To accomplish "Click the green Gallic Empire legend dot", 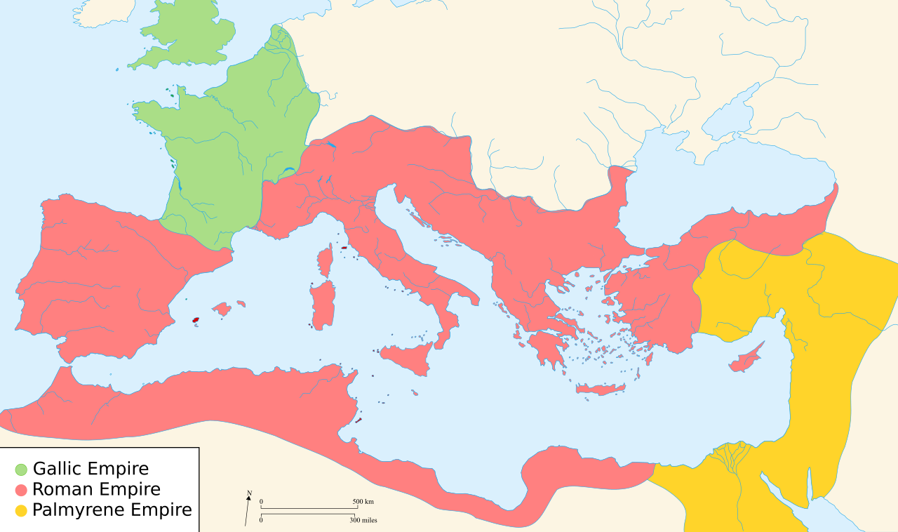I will (x=22, y=469).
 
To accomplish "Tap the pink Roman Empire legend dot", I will (x=22, y=490).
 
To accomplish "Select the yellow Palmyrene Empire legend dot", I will (x=22, y=511).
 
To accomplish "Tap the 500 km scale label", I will (x=363, y=502).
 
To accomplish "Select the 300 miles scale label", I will (x=363, y=520).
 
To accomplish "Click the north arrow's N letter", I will (x=249, y=493).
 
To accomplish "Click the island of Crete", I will (x=601, y=389).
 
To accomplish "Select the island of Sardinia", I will (x=323, y=305).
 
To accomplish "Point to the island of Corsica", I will (x=325, y=260).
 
